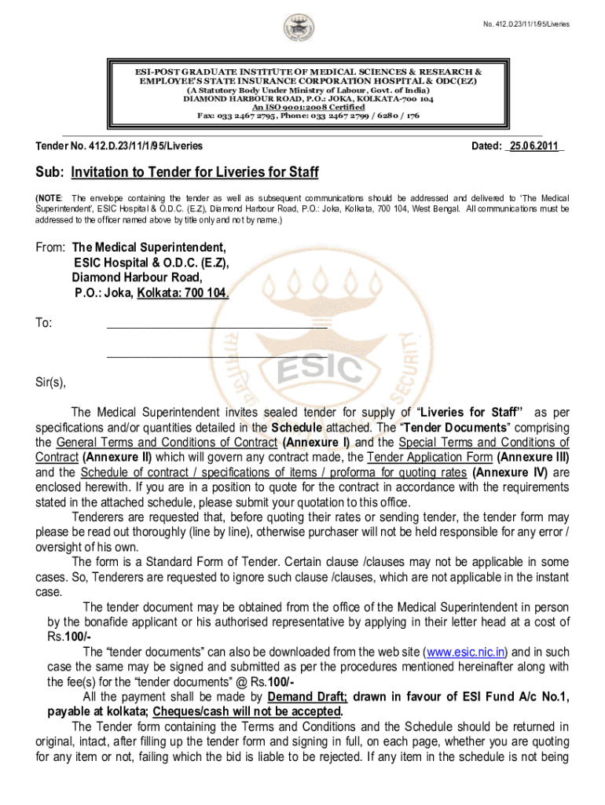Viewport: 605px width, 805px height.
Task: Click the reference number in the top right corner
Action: tap(526, 24)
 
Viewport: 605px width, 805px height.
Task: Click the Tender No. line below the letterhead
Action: tap(119, 146)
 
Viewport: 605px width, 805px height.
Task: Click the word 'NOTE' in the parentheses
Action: tap(51, 197)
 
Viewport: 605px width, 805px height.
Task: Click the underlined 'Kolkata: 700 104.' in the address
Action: tap(183, 293)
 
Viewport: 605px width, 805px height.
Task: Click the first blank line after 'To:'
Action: tap(216, 322)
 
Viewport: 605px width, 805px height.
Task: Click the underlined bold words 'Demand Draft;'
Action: tap(308, 697)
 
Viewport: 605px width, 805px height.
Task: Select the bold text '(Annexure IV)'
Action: tap(510, 472)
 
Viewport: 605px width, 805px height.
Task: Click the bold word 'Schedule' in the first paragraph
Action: tap(296, 428)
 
